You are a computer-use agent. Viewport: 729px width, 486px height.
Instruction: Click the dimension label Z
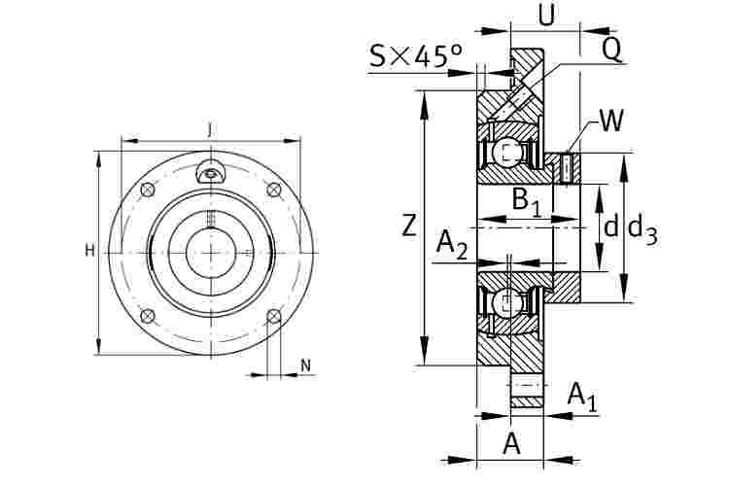coord(408,226)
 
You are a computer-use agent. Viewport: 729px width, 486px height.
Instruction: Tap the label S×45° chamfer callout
coord(416,55)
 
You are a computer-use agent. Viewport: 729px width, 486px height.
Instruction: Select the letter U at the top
coord(546,15)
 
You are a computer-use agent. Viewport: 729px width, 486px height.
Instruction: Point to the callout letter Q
coord(611,50)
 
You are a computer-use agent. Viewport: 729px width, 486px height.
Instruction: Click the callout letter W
coord(611,121)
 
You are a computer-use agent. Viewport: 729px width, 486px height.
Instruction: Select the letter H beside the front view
coord(89,251)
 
